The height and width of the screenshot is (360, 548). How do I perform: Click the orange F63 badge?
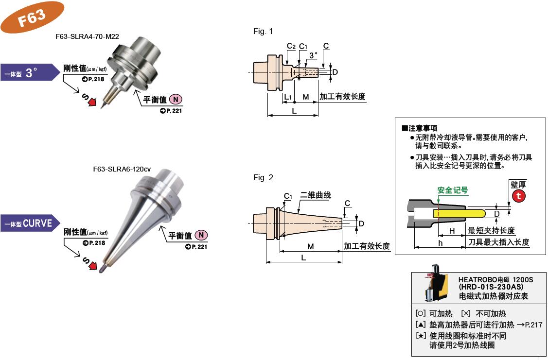pos(32,17)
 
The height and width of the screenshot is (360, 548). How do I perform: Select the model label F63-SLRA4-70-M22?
pos(87,37)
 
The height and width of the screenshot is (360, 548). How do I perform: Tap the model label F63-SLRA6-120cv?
pos(122,169)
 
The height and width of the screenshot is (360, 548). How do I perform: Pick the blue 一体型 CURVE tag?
pos(29,224)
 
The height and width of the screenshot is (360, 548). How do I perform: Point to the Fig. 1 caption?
pos(263,32)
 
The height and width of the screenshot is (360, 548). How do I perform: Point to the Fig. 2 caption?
pos(263,178)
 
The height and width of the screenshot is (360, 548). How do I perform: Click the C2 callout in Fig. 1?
pos(291,46)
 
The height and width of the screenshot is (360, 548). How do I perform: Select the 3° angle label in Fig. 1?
pos(313,55)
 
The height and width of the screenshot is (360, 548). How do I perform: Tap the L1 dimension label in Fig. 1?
pos(287,98)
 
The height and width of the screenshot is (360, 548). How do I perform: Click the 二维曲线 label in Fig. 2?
pos(315,195)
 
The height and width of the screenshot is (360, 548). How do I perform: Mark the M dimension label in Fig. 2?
pos(310,246)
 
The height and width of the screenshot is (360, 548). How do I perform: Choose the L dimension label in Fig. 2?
pos(303,257)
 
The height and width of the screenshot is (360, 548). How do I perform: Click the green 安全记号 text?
pos(452,190)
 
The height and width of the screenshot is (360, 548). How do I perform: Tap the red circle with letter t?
pos(519,196)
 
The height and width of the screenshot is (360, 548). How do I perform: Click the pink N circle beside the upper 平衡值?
pos(176,100)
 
